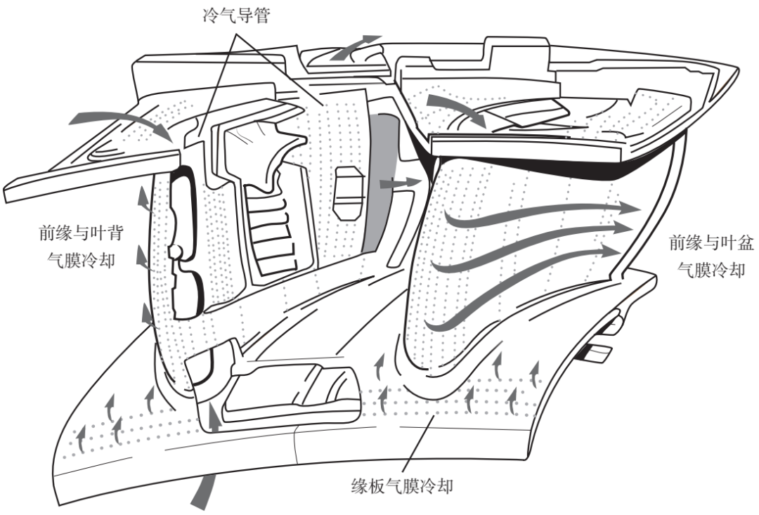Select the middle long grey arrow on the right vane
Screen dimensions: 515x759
pyautogui.click(x=534, y=239)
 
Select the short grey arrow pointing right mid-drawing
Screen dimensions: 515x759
pyautogui.click(x=398, y=183)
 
